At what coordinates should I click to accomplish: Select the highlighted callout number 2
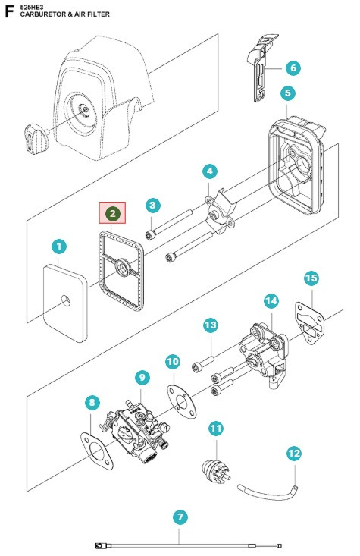tap(112, 215)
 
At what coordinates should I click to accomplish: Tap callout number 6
tap(293, 68)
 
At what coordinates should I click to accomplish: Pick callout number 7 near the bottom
tap(180, 518)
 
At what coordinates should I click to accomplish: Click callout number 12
tap(293, 454)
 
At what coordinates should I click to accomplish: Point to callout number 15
tap(311, 278)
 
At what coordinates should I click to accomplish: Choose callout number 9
tap(141, 377)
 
